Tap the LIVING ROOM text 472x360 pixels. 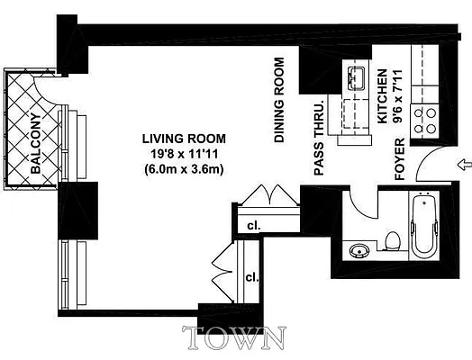click(184, 139)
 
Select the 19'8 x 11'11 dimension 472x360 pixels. click(184, 154)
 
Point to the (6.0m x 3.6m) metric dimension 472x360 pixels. click(184, 169)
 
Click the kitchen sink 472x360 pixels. click(353, 78)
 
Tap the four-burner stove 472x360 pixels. click(424, 117)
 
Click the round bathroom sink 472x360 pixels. click(359, 251)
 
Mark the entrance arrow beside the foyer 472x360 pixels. click(463, 165)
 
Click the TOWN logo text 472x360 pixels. click(235, 338)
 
